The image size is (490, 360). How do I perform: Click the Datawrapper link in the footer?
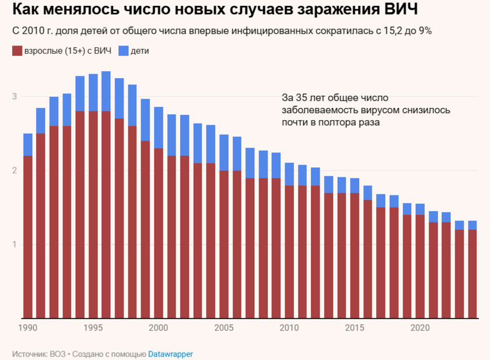click(x=170, y=354)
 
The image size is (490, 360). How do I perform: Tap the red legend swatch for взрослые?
click(x=16, y=51)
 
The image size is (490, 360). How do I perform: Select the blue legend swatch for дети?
click(x=124, y=51)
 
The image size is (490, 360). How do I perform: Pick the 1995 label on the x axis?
click(x=93, y=327)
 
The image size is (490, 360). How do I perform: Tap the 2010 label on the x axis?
click(x=289, y=327)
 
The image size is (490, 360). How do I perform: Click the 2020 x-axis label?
click(x=419, y=327)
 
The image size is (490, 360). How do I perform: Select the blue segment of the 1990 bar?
click(x=28, y=145)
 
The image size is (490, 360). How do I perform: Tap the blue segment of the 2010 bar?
click(x=289, y=174)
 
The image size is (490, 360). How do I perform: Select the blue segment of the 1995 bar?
click(x=93, y=92)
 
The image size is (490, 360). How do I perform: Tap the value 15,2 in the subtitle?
click(x=383, y=31)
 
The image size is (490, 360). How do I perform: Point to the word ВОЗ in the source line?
click(x=57, y=354)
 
